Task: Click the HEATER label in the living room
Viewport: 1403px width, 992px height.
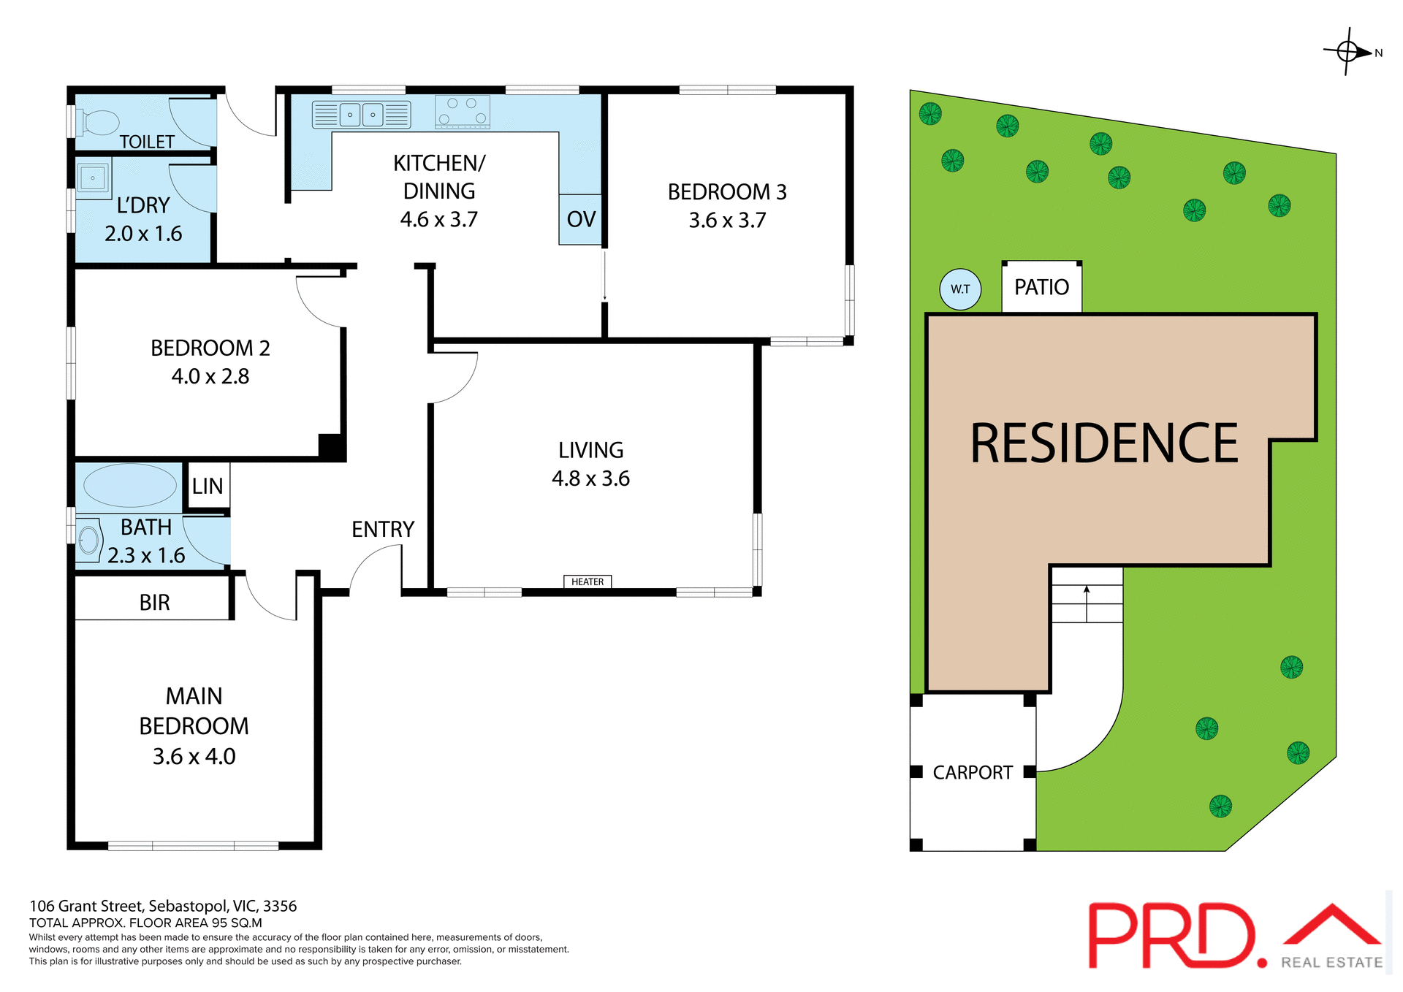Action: pyautogui.click(x=588, y=581)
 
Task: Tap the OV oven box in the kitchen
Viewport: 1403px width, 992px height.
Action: pyautogui.click(x=581, y=219)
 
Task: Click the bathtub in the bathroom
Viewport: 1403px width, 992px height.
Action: pyautogui.click(x=129, y=485)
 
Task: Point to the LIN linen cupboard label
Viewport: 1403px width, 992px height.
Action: pyautogui.click(x=208, y=486)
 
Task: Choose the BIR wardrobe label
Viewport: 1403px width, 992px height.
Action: pyautogui.click(x=154, y=603)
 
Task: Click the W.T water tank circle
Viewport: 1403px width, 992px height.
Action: pyautogui.click(x=960, y=289)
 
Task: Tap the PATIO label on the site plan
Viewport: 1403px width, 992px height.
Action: pyautogui.click(x=1041, y=287)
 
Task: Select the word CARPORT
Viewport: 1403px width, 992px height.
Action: pyautogui.click(x=973, y=773)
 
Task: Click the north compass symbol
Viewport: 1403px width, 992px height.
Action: pyautogui.click(x=1349, y=52)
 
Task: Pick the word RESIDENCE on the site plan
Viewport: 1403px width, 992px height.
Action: pyautogui.click(x=1103, y=443)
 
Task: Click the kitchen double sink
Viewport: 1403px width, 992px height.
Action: pyautogui.click(x=362, y=115)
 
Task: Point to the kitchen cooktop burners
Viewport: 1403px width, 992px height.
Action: pyautogui.click(x=462, y=112)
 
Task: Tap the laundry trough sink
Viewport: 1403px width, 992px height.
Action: pyautogui.click(x=93, y=178)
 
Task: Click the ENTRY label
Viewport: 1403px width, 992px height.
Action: pyautogui.click(x=382, y=529)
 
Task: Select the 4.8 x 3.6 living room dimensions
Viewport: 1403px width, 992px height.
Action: pyautogui.click(x=590, y=478)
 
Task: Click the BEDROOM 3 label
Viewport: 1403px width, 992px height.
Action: pyautogui.click(x=727, y=192)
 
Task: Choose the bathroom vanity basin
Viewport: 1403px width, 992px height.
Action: pyautogui.click(x=88, y=541)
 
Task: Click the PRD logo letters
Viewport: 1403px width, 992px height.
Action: pyautogui.click(x=1171, y=936)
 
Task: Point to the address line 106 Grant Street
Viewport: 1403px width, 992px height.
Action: pyautogui.click(x=163, y=906)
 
